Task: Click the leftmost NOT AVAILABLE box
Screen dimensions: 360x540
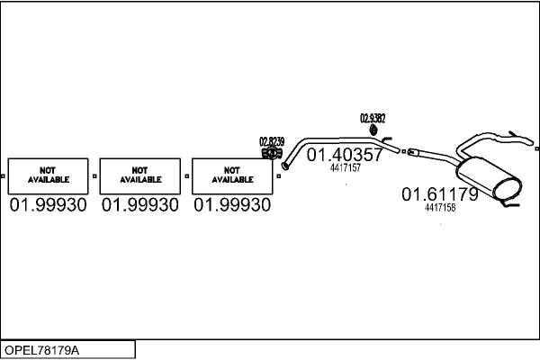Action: (49, 175)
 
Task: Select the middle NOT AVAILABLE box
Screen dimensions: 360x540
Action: (140, 175)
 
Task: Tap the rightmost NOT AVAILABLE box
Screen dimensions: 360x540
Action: (232, 175)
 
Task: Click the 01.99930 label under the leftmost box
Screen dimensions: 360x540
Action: (49, 206)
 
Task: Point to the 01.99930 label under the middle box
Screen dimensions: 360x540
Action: (140, 206)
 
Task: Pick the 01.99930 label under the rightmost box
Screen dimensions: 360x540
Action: (232, 206)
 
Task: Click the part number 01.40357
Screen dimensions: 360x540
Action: (346, 155)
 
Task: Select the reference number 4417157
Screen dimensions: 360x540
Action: (346, 168)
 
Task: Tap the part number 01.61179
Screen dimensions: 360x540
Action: (439, 193)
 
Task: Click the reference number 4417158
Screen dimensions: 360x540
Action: (440, 207)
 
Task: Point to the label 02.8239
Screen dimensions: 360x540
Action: (272, 141)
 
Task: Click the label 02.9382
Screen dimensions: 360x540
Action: (373, 118)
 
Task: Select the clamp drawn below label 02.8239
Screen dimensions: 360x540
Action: (269, 154)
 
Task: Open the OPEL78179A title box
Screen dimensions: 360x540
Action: (68, 349)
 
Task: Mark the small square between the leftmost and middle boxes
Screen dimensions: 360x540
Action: (94, 175)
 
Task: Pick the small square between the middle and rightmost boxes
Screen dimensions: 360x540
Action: (186, 175)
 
